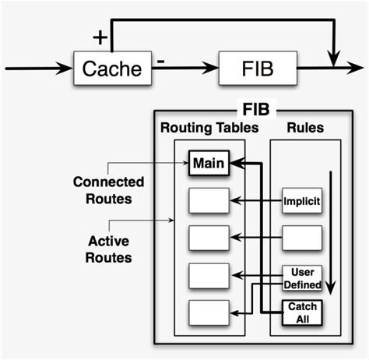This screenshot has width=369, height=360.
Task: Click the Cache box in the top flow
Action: (x=112, y=69)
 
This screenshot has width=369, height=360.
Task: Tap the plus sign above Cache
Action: (x=100, y=36)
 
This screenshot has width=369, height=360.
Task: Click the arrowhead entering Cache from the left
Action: (x=66, y=69)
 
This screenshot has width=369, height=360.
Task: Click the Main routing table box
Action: (x=208, y=164)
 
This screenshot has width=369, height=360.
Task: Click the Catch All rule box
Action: (x=302, y=312)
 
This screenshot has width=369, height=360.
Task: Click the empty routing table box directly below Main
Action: (x=208, y=200)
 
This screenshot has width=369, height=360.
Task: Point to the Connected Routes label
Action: (x=108, y=189)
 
